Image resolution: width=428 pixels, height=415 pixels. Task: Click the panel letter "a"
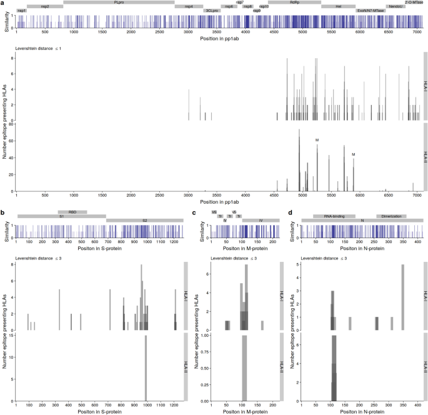pos(3,3)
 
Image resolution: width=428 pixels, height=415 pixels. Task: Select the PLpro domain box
pos(119,2)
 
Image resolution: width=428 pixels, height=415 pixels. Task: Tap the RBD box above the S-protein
pos(72,212)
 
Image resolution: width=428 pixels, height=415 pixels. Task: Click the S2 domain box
pos(145,221)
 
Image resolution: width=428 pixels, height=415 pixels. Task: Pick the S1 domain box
pos(61,216)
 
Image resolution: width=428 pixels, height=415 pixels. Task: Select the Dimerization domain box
pos(391,216)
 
